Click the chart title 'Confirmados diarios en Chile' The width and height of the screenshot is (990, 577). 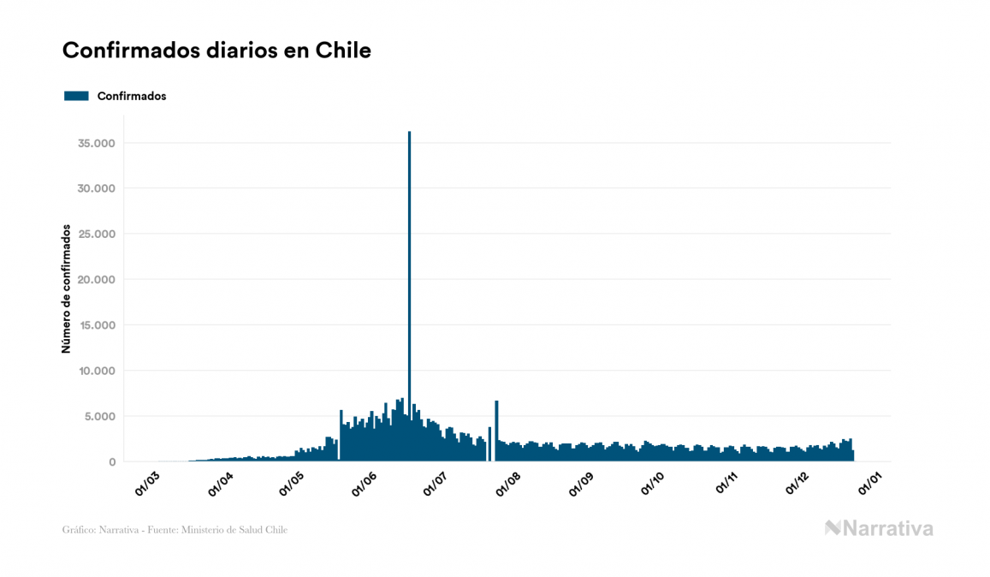pyautogui.click(x=216, y=51)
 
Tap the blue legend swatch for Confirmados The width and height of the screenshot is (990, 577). pyautogui.click(x=76, y=96)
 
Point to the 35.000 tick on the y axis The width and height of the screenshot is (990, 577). pyautogui.click(x=96, y=143)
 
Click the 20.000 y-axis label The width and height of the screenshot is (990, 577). pyautogui.click(x=96, y=280)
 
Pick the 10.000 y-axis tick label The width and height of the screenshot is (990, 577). pyautogui.click(x=96, y=371)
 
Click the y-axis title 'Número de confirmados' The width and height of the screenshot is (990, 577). pyautogui.click(x=66, y=288)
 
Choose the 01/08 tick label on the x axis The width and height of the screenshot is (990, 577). pyautogui.click(x=510, y=484)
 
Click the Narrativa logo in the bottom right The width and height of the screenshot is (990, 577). pyautogui.click(x=879, y=528)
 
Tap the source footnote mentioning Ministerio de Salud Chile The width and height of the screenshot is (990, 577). pyautogui.click(x=175, y=530)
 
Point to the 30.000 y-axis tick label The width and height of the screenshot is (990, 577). pyautogui.click(x=96, y=188)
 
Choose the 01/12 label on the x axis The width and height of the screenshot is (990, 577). pyautogui.click(x=800, y=484)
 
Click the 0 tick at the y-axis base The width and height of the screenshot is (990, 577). pyautogui.click(x=112, y=462)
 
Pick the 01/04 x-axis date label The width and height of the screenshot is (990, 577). pyautogui.click(x=221, y=484)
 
